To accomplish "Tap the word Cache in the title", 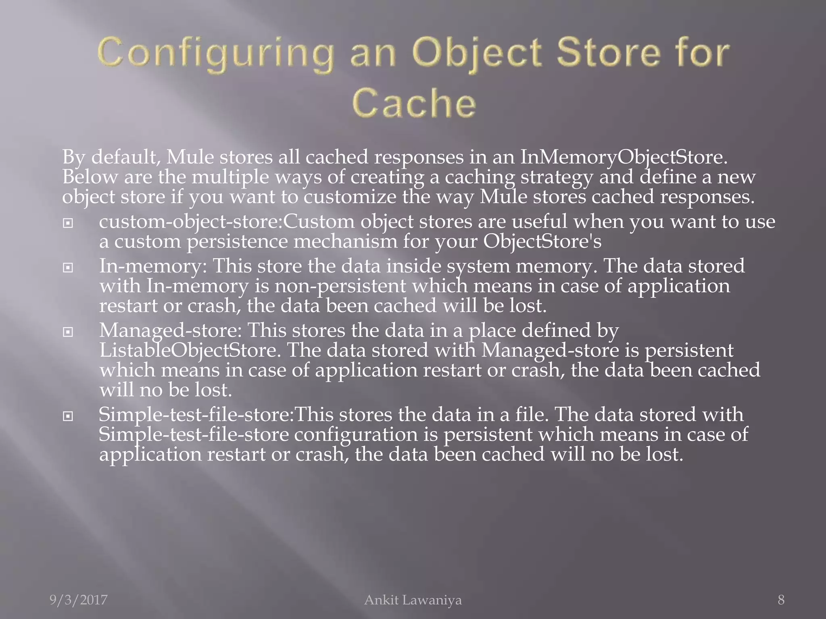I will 414,103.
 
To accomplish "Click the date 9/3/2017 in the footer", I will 79,600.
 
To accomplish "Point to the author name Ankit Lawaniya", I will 413,600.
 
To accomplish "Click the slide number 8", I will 781,600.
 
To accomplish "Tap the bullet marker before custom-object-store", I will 68,223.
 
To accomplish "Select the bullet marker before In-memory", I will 68,267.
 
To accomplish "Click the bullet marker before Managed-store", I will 68,332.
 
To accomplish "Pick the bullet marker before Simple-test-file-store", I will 68,416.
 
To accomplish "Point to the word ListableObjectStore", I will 190,350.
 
